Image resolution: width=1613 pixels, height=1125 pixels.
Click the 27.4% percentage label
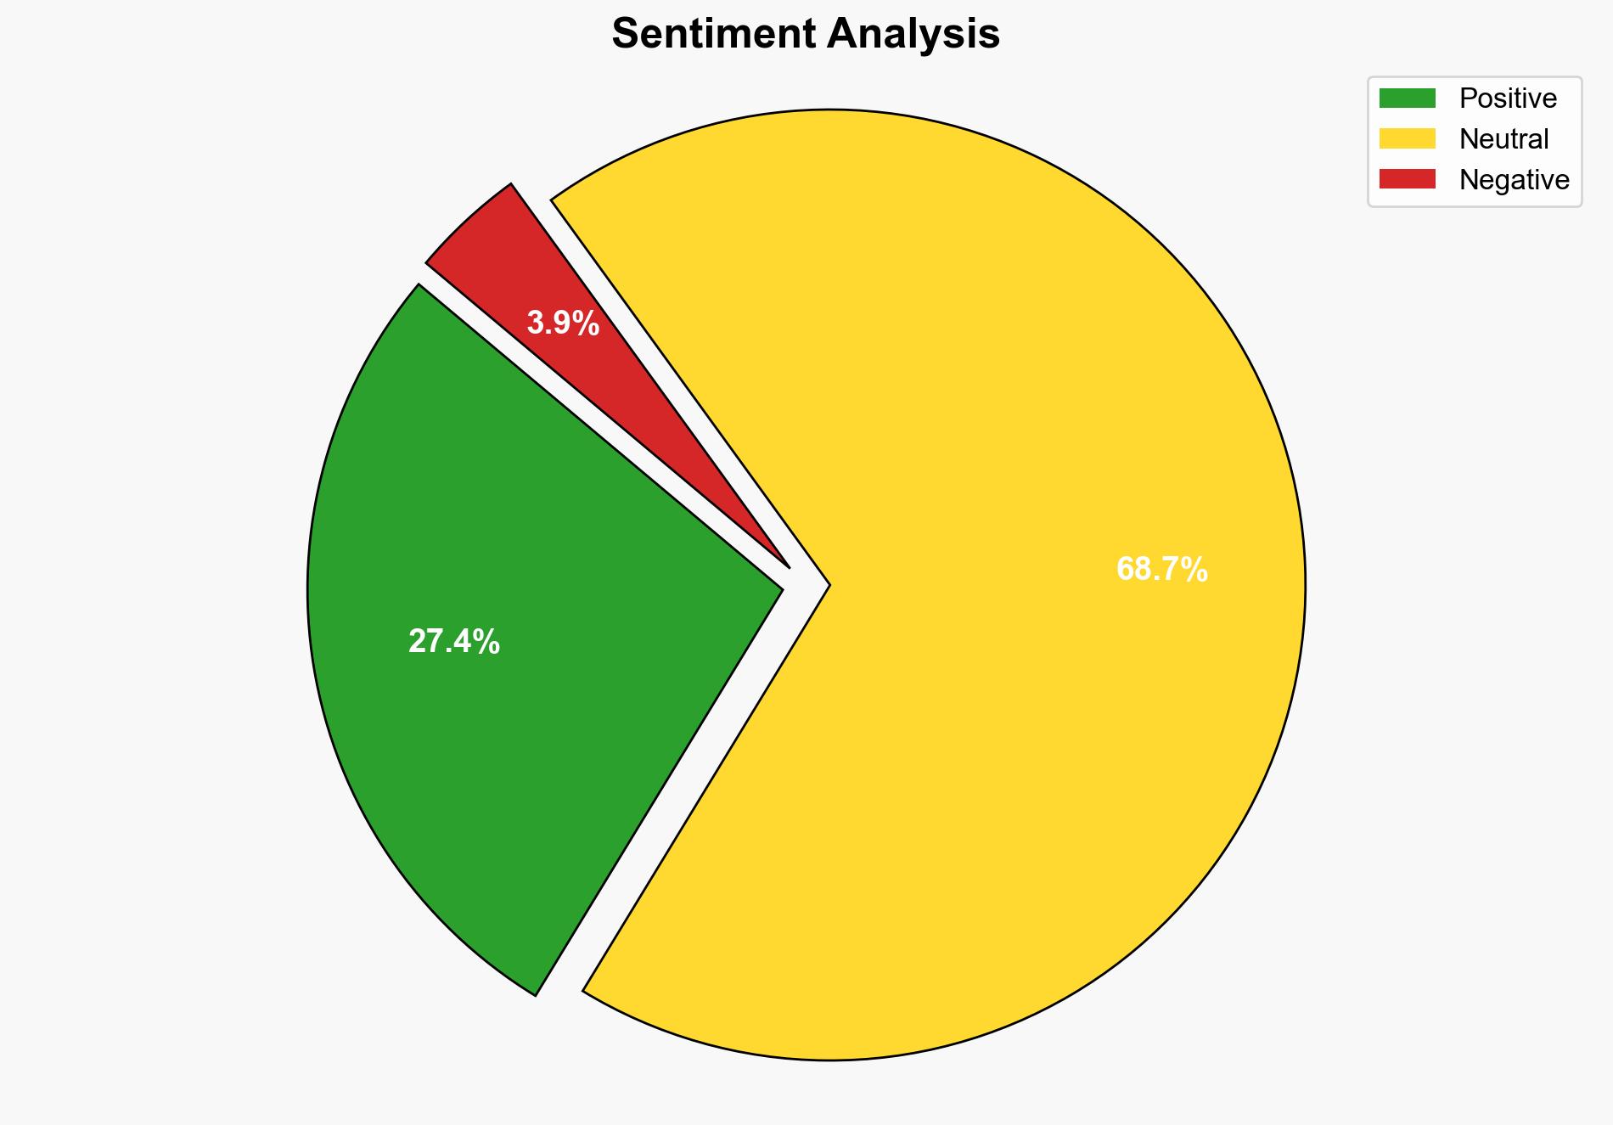click(x=454, y=642)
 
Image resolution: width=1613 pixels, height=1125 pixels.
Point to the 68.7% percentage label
click(x=1161, y=569)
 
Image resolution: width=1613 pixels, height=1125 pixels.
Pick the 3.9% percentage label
click(x=563, y=323)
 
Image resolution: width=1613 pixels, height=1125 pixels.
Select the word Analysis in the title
click(x=914, y=34)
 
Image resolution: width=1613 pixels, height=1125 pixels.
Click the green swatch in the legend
click(x=1407, y=98)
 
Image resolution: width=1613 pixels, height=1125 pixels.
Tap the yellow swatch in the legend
click(x=1407, y=138)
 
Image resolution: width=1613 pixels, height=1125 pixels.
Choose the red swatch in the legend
click(x=1407, y=179)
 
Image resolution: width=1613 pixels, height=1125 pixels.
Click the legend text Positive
click(x=1508, y=98)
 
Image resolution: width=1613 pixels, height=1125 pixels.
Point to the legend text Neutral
click(x=1503, y=138)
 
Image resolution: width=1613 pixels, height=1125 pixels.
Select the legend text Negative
click(x=1514, y=179)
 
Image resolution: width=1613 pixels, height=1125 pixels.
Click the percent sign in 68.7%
click(x=1194, y=569)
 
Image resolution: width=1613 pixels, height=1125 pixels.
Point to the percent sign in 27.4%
click(x=487, y=642)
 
